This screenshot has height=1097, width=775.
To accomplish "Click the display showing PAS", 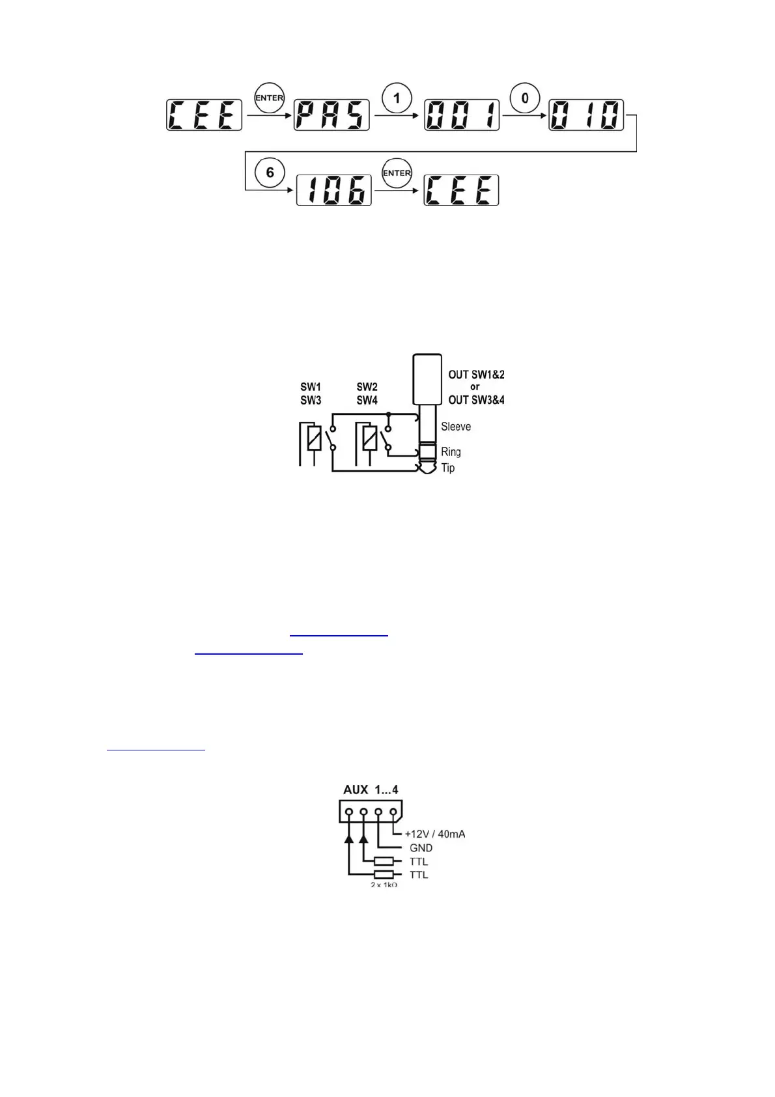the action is click(331, 115).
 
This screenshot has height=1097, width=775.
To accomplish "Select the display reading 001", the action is click(462, 115).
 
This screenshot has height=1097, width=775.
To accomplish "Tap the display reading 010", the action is click(586, 115).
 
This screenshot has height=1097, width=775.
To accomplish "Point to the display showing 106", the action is click(334, 190).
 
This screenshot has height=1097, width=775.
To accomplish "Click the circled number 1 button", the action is click(397, 99).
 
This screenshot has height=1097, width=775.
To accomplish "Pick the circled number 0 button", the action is click(525, 99).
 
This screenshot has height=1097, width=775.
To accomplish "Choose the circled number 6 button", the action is click(270, 173).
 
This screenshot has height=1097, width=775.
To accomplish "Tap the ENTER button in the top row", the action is click(269, 98).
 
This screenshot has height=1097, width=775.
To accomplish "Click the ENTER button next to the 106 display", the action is click(397, 173).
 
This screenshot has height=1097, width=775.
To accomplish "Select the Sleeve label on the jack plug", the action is click(456, 427).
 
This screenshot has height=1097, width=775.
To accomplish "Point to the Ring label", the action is click(451, 451).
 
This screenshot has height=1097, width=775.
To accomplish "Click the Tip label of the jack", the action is click(448, 468).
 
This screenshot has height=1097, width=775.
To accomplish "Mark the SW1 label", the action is click(311, 387).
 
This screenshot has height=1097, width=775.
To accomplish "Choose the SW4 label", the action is click(367, 400).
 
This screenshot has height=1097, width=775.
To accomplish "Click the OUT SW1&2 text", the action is click(476, 375).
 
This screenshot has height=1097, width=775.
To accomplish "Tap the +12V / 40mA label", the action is click(435, 834).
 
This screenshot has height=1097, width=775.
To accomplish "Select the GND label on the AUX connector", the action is click(421, 848).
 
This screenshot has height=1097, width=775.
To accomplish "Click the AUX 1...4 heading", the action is click(371, 790).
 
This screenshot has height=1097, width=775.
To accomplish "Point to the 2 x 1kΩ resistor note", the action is click(384, 885).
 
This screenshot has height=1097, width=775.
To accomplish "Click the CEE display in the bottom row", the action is click(461, 190).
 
